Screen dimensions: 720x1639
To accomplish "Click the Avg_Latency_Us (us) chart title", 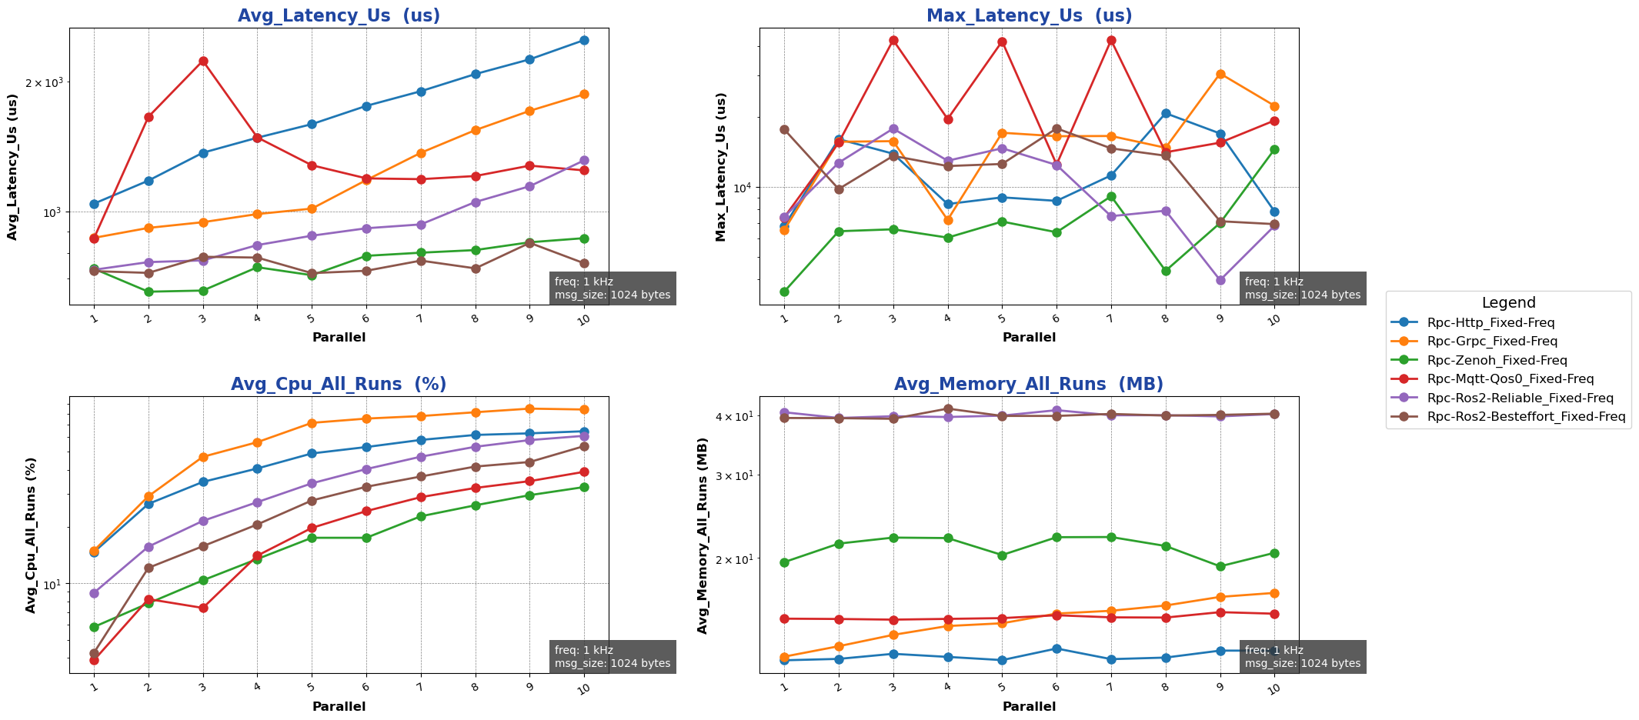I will (339, 15).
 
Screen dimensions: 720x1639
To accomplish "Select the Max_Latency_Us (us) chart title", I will (1029, 15).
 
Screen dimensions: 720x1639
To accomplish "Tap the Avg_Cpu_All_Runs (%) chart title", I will (339, 385).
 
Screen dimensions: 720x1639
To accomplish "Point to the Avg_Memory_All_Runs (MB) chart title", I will (1029, 385).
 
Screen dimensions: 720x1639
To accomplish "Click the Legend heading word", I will (1508, 303).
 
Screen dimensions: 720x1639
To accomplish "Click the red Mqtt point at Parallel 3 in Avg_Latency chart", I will (203, 61).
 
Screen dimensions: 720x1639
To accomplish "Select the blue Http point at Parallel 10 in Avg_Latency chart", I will (584, 40).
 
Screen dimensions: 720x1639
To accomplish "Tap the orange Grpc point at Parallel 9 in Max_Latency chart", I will (1220, 74).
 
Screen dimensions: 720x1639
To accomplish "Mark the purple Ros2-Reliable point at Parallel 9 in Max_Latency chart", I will (1220, 280).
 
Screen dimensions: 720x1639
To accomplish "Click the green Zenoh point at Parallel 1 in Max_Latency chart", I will (784, 292).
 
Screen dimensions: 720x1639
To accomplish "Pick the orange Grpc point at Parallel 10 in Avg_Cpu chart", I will (584, 409).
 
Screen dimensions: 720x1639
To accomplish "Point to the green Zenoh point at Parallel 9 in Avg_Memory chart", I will (1220, 566).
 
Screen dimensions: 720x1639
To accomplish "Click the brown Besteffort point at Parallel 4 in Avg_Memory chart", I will (948, 408).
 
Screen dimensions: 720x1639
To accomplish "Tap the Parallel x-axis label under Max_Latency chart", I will (1029, 337).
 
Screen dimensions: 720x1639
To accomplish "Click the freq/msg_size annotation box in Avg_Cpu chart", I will (613, 657).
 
